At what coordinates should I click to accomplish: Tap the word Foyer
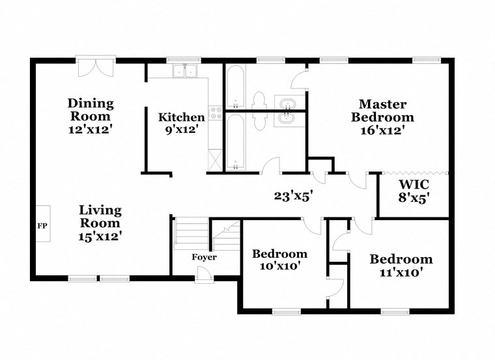204,257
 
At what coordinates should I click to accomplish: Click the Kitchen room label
182,118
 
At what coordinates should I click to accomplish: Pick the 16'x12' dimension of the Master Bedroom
382,130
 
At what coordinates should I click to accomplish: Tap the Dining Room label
91,110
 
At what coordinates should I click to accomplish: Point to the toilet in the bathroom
258,104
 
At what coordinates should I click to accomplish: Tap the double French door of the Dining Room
96,69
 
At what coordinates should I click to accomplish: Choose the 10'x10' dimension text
279,266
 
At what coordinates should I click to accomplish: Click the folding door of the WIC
414,173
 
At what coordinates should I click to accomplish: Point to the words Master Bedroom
382,111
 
